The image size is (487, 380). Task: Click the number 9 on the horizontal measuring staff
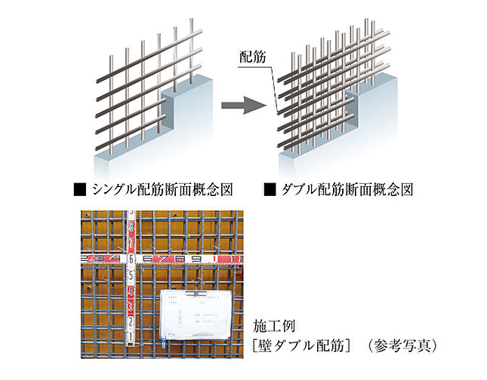195,259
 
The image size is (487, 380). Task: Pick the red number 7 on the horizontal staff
162,259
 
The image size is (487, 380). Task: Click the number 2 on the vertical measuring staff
131,323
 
